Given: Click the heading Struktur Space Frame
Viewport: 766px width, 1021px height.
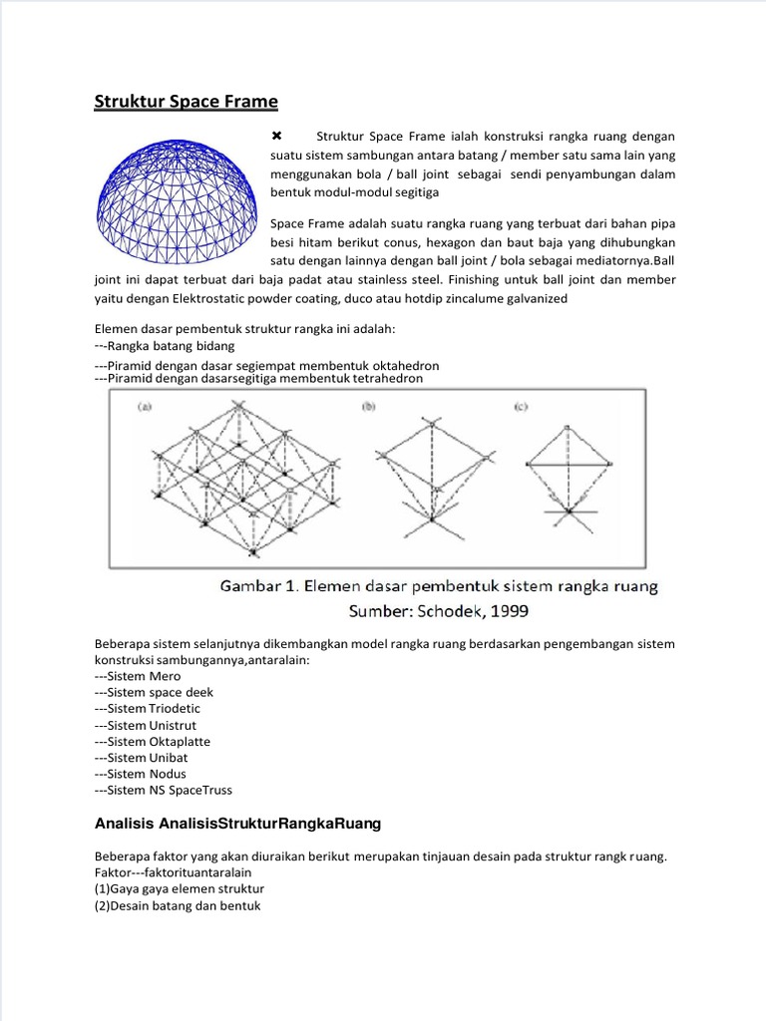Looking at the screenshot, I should point(186,102).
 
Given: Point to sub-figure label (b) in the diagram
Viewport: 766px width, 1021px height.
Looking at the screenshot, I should point(368,406).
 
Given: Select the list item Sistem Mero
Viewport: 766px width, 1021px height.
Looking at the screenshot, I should point(139,676).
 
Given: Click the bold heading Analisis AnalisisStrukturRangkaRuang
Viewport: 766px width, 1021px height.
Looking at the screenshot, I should point(237,825).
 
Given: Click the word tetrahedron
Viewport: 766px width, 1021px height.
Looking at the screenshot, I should point(383,379).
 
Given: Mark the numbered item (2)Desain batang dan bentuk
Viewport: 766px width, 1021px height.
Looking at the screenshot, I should point(178,906).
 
